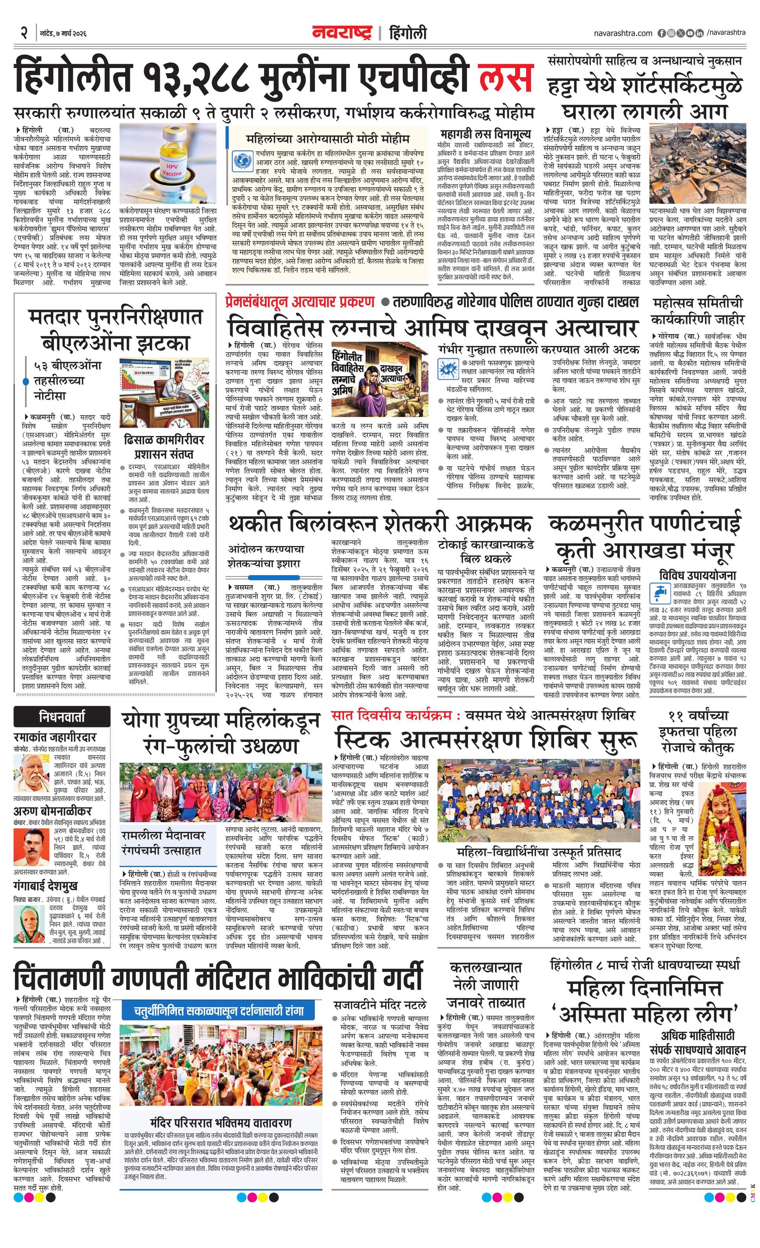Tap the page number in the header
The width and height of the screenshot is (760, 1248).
tap(23, 33)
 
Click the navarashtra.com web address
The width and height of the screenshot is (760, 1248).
tap(623, 33)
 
